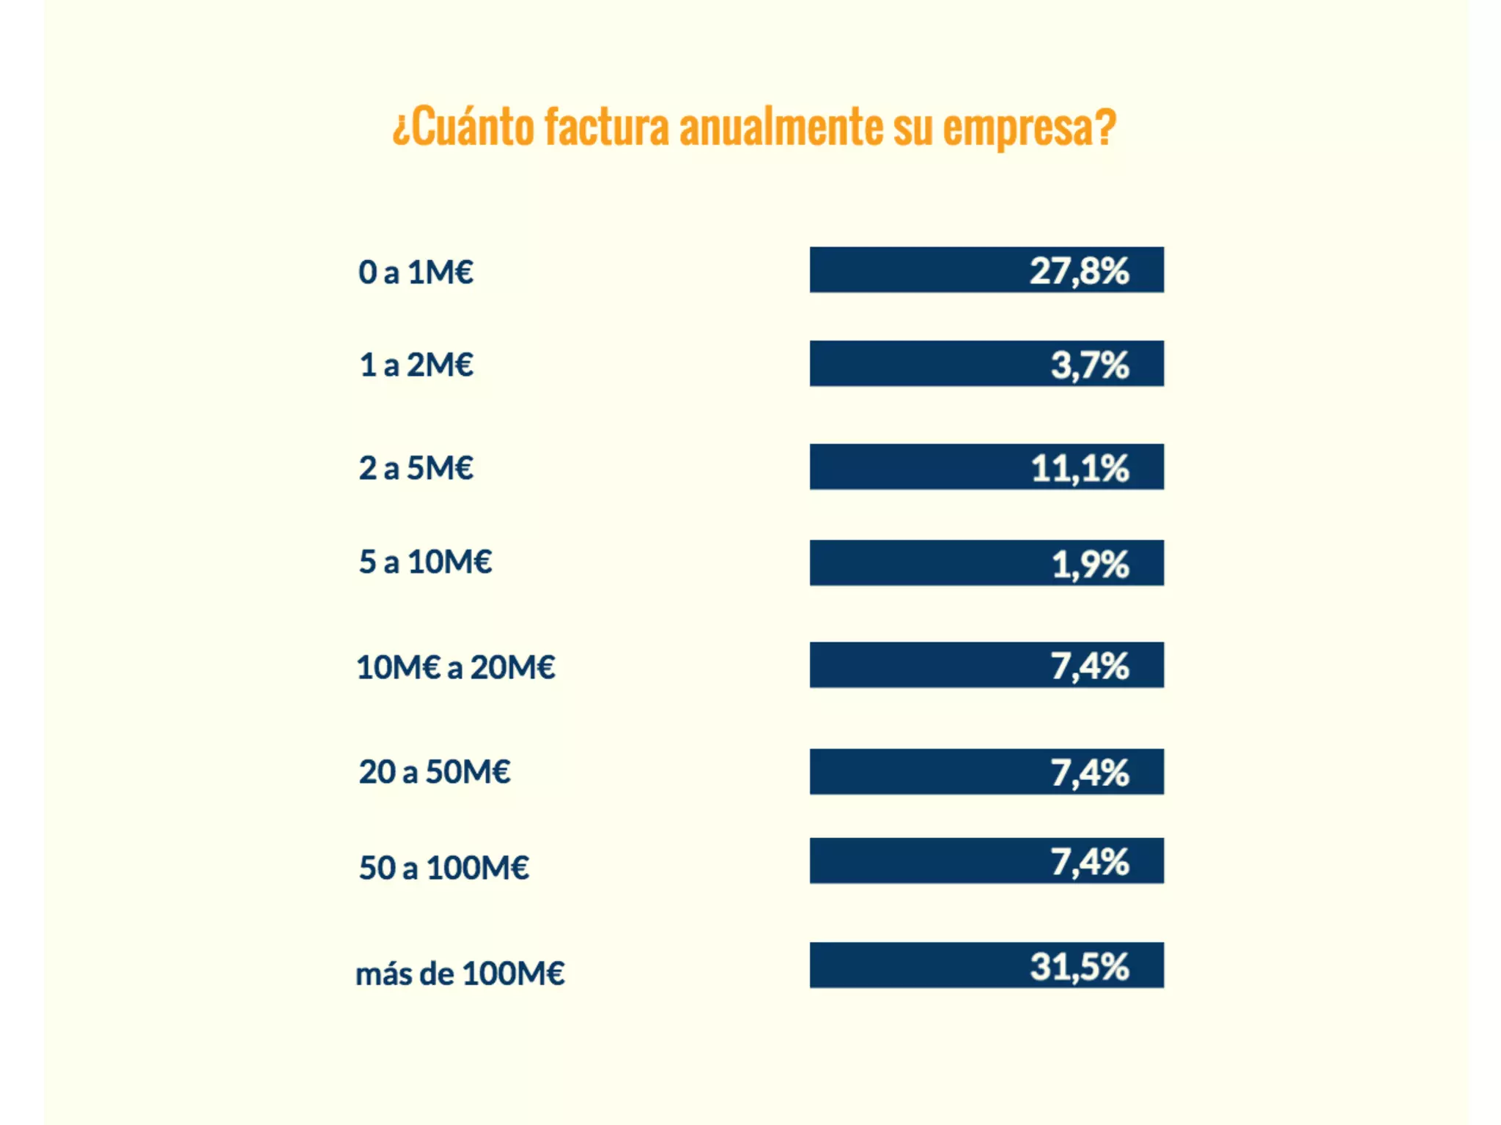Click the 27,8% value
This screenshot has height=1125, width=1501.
click(x=1079, y=271)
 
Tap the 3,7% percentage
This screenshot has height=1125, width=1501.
click(x=1090, y=365)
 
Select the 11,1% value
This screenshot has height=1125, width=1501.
click(x=1080, y=468)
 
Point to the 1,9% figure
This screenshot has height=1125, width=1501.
click(x=1090, y=564)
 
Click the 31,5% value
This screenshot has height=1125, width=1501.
click(x=1079, y=966)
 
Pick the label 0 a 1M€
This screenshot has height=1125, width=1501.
click(x=416, y=272)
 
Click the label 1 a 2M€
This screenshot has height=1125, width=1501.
click(x=416, y=365)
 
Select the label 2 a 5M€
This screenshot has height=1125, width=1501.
click(x=416, y=468)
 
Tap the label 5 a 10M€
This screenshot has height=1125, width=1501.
click(x=425, y=562)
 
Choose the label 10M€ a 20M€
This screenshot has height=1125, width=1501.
click(x=456, y=667)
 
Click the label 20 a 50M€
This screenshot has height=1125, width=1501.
click(x=434, y=772)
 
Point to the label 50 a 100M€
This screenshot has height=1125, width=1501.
click(x=443, y=868)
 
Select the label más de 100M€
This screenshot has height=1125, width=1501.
click(x=460, y=974)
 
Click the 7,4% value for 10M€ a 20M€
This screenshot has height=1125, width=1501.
click(x=1090, y=667)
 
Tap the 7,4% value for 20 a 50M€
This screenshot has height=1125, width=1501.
click(x=1090, y=773)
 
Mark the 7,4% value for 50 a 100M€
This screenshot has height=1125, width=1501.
click(x=1090, y=862)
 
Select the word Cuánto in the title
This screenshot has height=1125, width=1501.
click(x=469, y=127)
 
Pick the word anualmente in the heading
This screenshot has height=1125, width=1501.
click(x=781, y=127)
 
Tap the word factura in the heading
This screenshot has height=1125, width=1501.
click(x=607, y=127)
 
